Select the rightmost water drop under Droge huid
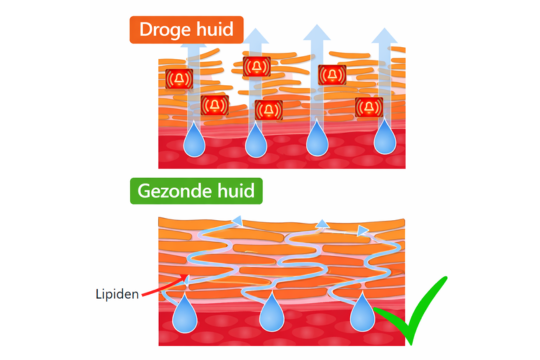383,140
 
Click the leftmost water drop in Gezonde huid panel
185,317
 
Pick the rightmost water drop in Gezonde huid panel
360,317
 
